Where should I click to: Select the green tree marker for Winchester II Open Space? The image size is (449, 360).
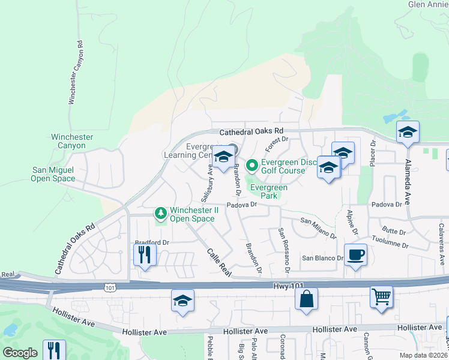click(160, 213)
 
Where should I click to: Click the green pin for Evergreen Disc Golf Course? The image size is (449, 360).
click(253, 164)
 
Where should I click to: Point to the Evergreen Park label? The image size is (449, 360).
click(268, 191)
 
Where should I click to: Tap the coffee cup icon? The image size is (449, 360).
click(355, 254)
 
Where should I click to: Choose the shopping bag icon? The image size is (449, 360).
click(306, 299)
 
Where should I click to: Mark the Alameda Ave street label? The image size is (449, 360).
click(408, 175)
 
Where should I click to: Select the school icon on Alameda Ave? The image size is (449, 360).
click(408, 133)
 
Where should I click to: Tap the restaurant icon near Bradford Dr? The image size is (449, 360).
click(145, 254)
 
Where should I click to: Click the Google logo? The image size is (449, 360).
click(20, 353)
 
